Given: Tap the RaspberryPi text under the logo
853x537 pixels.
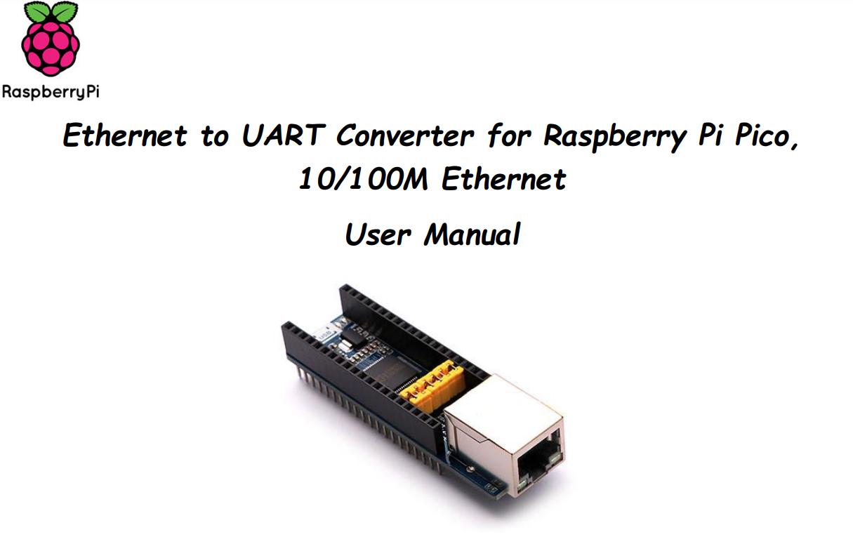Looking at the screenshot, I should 51,92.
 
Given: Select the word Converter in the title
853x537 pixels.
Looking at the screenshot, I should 404,135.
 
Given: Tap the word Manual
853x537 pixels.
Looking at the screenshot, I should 472,234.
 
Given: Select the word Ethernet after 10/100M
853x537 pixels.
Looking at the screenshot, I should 504,180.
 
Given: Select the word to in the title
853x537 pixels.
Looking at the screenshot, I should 215,135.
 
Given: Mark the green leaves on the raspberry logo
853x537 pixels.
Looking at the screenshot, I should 51,13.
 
